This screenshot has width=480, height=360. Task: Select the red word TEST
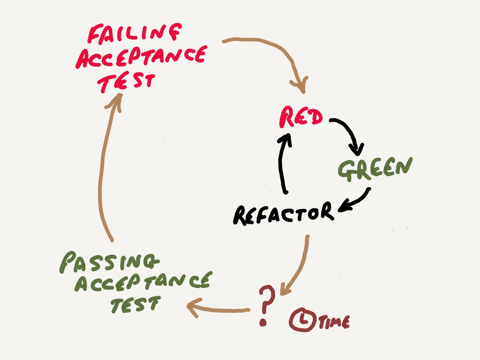pos(126,82)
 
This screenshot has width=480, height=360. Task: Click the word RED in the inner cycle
pos(301,117)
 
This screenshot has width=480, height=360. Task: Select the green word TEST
pos(135,304)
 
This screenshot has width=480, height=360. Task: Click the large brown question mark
pos(267,300)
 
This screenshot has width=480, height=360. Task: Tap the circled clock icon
pos(302,320)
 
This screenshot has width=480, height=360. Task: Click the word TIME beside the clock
pos(334,322)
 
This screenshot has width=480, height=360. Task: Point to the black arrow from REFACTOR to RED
pos(282,161)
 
